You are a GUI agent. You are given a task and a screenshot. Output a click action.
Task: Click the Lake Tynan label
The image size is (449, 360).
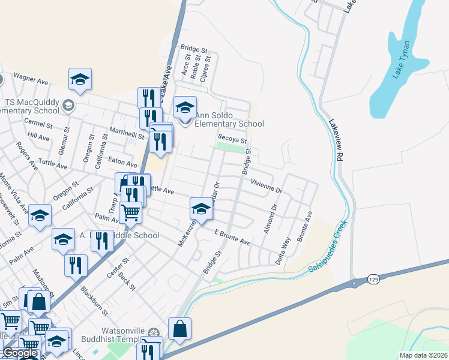[401, 59]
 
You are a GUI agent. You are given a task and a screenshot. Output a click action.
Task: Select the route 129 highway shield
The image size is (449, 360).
[357, 281]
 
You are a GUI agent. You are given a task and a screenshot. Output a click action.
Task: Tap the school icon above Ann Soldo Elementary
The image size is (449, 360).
[185, 109]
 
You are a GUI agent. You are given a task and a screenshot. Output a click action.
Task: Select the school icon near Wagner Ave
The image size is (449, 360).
[80, 79]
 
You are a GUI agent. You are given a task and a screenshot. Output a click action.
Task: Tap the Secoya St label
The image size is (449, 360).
[232, 139]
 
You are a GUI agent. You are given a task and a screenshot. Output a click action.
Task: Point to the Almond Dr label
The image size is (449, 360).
[269, 220]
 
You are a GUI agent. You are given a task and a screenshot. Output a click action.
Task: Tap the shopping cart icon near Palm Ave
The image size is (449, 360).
[130, 212]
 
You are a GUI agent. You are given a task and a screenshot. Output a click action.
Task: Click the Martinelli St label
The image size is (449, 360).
[127, 133]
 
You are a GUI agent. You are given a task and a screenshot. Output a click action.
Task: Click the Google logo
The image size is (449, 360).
[19, 353]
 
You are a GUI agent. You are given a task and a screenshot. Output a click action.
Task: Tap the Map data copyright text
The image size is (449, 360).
[424, 355]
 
